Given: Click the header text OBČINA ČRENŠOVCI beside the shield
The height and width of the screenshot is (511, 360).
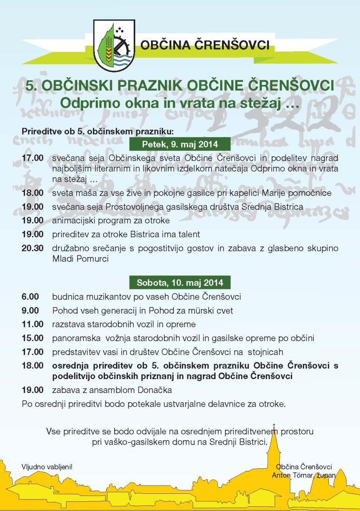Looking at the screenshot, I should tap(205, 46).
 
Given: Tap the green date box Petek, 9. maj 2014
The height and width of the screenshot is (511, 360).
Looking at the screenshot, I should tap(180, 144).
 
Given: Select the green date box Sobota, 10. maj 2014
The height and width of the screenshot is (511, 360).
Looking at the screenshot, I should tap(180, 282).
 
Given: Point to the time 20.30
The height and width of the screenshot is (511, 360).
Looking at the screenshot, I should tap(33, 249).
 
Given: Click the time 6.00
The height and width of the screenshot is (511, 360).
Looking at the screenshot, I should tap(30, 296).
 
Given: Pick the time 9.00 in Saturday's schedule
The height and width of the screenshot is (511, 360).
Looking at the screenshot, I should tap(30, 310).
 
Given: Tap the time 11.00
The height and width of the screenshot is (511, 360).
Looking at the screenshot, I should tap(33, 324).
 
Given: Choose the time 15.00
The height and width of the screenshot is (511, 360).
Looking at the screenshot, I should tap(33, 338).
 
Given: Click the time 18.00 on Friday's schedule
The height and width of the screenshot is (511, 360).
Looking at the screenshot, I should tap(33, 192).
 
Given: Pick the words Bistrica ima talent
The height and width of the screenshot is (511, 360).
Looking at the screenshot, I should tap(170, 235).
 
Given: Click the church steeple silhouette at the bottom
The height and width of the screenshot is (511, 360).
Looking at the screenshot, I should tap(275, 446).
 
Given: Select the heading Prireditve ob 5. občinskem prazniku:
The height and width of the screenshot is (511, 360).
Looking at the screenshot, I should tap(97, 131).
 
